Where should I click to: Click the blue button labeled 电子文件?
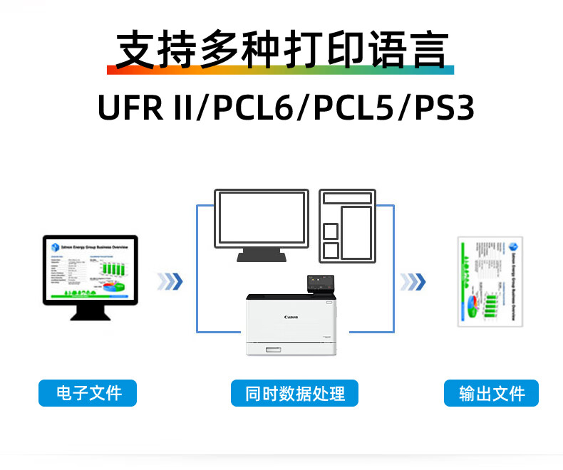[x=87, y=392]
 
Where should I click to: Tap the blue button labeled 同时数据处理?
[x=294, y=393]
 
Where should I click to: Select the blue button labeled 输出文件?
[x=491, y=393]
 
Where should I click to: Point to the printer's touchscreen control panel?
[x=319, y=283]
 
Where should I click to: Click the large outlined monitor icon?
[x=262, y=218]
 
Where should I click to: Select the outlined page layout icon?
[x=347, y=225]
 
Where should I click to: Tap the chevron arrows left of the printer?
[x=170, y=281]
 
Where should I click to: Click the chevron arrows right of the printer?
[x=413, y=282]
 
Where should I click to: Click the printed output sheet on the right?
[x=490, y=281]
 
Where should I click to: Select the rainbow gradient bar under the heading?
[x=281, y=70]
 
